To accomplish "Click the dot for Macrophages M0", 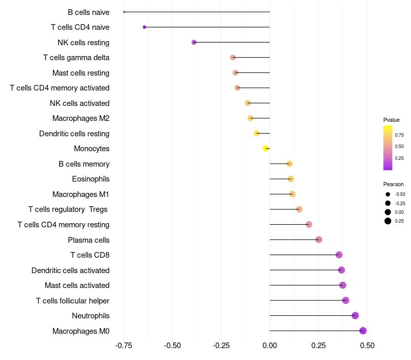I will [x=363, y=331].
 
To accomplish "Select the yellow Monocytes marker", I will [x=266, y=149].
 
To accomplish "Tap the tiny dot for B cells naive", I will [x=124, y=12].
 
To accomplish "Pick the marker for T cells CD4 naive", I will [x=144, y=27].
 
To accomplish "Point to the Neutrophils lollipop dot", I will [x=355, y=316].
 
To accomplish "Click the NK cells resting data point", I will [x=194, y=42].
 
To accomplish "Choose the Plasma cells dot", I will [x=319, y=240].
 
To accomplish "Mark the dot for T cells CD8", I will [x=339, y=255].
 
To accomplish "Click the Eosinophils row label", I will [x=90, y=179].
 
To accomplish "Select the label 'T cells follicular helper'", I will [x=72, y=300].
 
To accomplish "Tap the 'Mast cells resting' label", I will [x=81, y=73].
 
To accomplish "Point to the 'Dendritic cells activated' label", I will [x=70, y=270].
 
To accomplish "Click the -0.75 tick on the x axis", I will [x=124, y=346].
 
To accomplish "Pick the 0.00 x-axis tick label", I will [x=270, y=346].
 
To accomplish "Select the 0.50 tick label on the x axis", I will [x=367, y=346].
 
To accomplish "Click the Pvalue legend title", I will [x=391, y=120].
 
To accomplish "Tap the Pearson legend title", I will [x=394, y=184].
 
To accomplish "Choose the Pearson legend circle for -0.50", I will [x=387, y=194].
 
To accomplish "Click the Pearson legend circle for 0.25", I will [x=387, y=221].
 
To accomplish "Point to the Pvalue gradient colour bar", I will [x=388, y=148].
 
